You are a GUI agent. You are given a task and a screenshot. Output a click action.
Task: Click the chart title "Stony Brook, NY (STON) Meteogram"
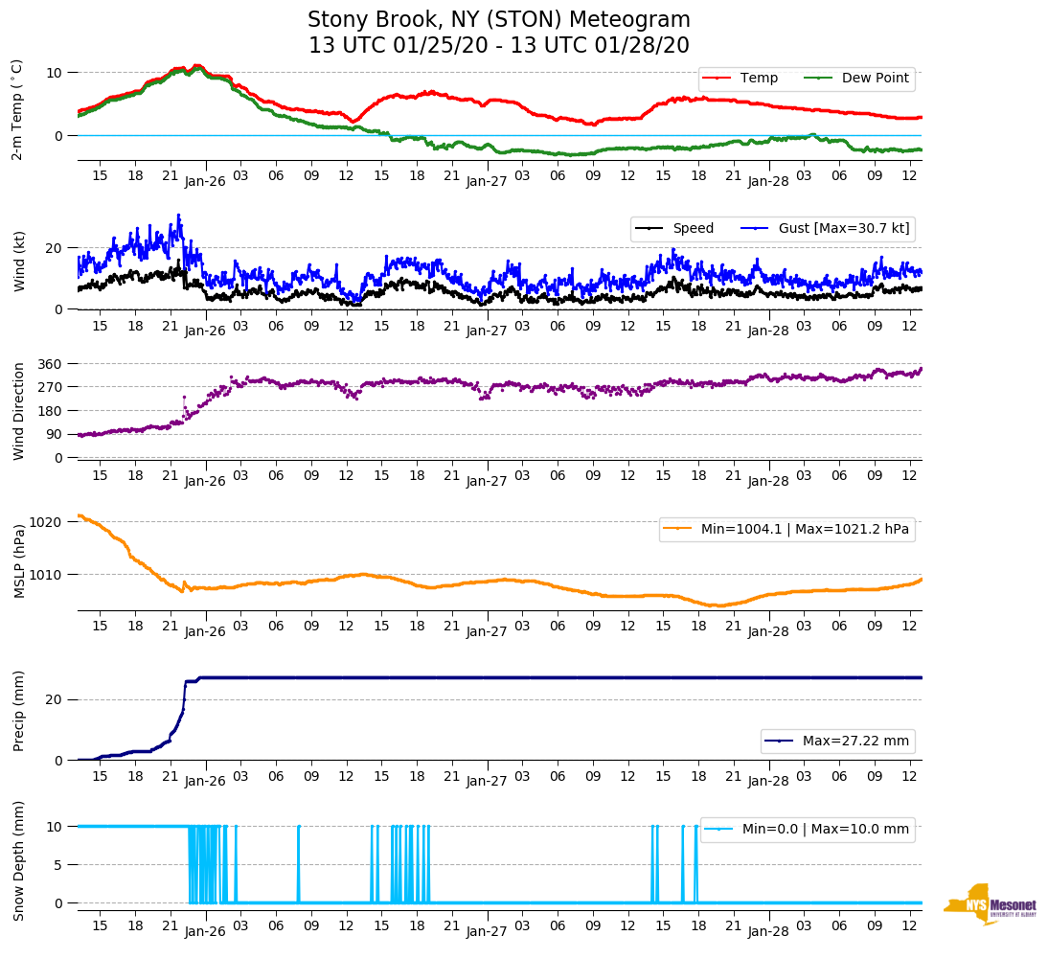coord(498,20)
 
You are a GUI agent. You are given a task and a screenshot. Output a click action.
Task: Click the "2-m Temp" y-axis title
coord(16,109)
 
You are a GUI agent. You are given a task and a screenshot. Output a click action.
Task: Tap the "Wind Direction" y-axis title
coord(19,410)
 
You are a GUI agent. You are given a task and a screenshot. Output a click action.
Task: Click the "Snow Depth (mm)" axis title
coord(19,860)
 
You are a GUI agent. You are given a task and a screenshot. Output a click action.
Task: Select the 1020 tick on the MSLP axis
coord(48,522)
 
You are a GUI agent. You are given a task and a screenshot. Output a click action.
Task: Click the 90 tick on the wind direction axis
coord(55,434)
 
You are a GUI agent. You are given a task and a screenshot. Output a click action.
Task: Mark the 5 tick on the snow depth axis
coord(59,865)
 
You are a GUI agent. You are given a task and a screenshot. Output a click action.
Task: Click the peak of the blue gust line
coord(178,216)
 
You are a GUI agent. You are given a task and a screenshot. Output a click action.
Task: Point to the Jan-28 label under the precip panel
coord(767,781)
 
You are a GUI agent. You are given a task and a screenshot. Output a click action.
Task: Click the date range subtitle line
coord(498,46)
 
